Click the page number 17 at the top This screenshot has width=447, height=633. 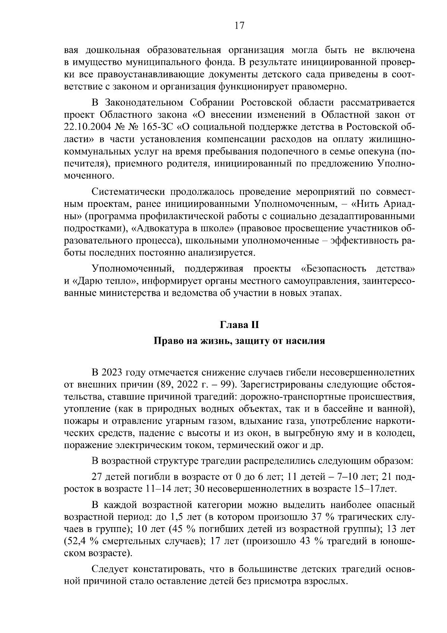point(239,25)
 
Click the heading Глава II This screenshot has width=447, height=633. point(239,325)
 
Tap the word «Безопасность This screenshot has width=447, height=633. point(333,269)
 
